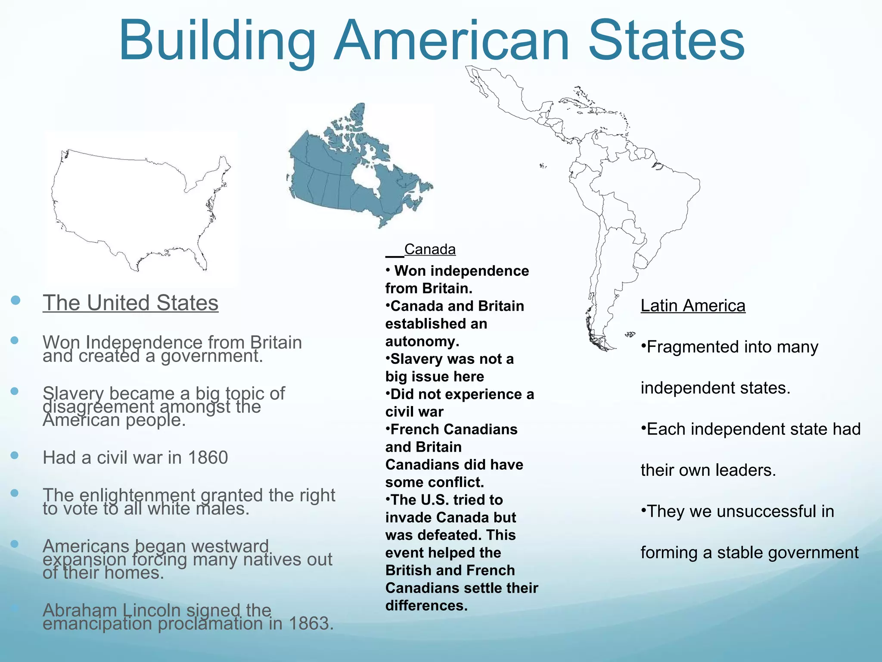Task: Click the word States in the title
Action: point(666,41)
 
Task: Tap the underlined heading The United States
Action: point(130,303)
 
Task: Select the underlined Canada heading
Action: point(429,249)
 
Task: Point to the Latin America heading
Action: point(693,306)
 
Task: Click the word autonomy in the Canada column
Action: point(422,341)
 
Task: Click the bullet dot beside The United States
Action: point(16,300)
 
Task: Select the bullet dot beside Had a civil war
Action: point(15,455)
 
